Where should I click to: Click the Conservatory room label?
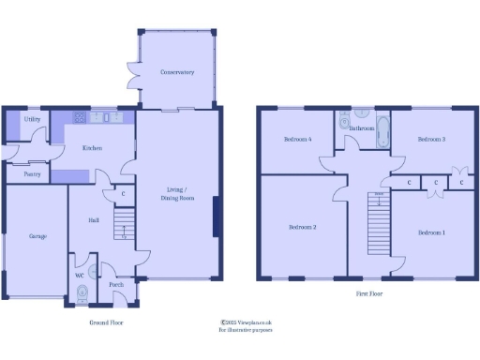click(x=176, y=71)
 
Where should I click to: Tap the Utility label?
click(x=32, y=120)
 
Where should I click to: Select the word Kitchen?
click(x=92, y=148)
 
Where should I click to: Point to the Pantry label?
click(x=32, y=173)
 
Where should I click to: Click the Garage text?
click(x=37, y=236)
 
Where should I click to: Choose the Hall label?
click(x=94, y=220)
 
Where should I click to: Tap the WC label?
click(x=78, y=276)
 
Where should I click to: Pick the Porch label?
click(x=117, y=284)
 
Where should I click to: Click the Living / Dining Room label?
click(x=175, y=194)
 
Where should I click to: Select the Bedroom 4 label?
click(x=297, y=140)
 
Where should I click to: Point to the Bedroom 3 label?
click(x=431, y=139)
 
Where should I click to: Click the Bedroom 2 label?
click(x=302, y=228)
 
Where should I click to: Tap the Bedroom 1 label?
click(x=431, y=232)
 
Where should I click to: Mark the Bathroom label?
click(x=363, y=128)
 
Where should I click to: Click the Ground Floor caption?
click(x=106, y=322)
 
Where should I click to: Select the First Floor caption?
click(x=368, y=293)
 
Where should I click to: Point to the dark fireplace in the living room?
click(x=217, y=217)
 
